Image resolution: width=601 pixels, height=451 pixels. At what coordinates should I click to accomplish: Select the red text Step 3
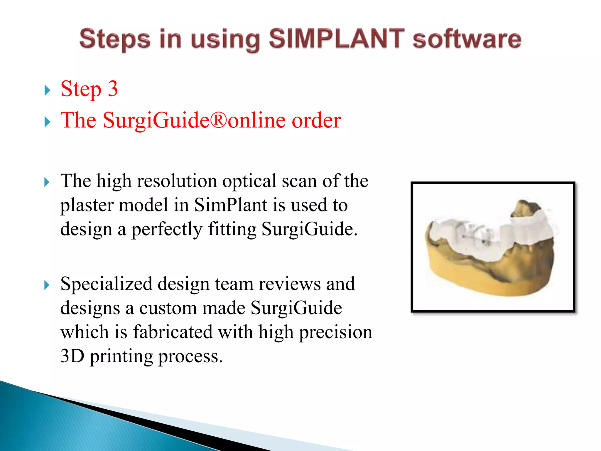tap(89, 89)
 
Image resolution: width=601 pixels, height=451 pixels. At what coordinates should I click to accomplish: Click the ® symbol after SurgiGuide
tap(219, 120)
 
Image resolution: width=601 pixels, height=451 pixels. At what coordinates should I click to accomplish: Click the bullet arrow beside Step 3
tap(47, 90)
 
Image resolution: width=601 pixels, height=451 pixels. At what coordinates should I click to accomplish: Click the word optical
tap(249, 181)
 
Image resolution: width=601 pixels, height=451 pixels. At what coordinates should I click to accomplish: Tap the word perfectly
tap(166, 229)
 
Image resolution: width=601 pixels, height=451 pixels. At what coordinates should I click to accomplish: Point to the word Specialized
tap(106, 284)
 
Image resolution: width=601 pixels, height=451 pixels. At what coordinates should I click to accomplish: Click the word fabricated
tap(173, 332)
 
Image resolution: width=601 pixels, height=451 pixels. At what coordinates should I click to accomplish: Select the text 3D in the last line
tap(72, 356)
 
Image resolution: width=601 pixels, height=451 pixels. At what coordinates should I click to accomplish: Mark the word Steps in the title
tap(115, 39)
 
